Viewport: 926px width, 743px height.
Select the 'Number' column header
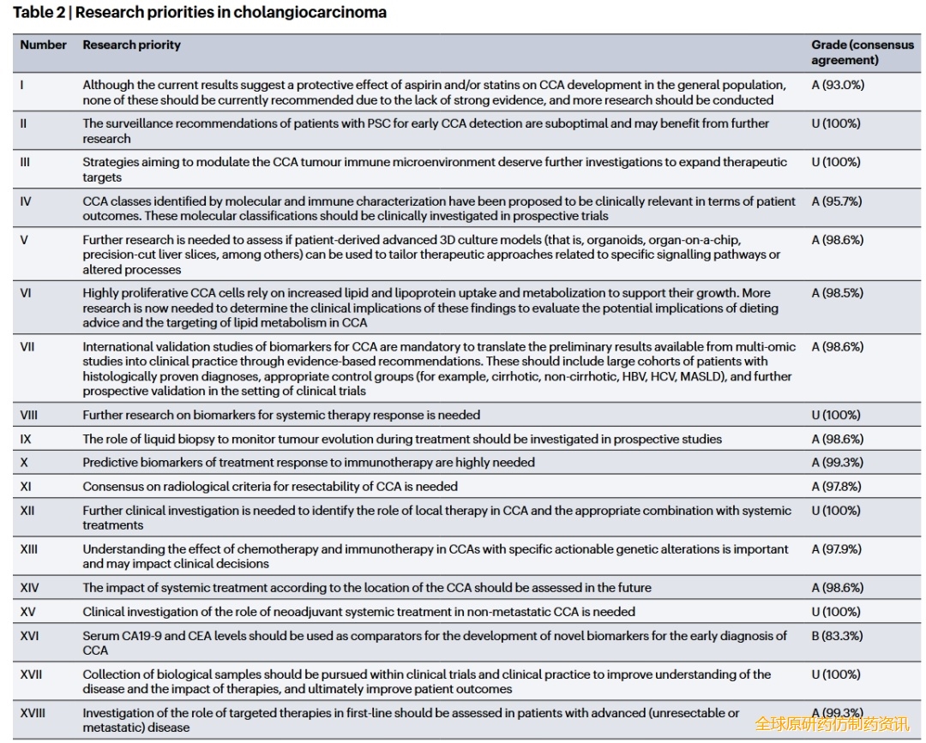[x=43, y=45]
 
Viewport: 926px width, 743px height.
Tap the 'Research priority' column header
[x=131, y=45]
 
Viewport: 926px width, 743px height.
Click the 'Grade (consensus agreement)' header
[x=862, y=52]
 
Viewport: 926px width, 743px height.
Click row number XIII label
[x=29, y=549]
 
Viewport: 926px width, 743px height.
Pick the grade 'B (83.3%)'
[x=837, y=636]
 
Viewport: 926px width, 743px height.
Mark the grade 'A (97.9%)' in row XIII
[x=837, y=549]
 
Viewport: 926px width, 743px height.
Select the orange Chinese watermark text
[x=831, y=724]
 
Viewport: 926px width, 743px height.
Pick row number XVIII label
[x=33, y=713]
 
